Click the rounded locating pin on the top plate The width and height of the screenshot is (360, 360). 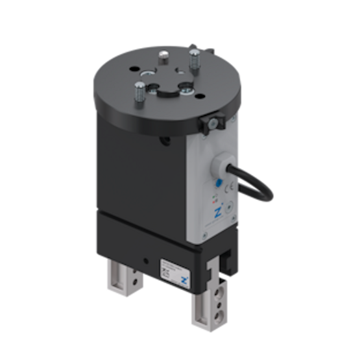pos(163,55)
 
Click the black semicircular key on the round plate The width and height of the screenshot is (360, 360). pos(167,93)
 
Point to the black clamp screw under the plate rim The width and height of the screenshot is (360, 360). pos(211,123)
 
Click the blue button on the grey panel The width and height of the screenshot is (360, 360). pos(218,183)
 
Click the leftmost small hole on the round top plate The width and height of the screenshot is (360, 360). pos(134,69)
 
